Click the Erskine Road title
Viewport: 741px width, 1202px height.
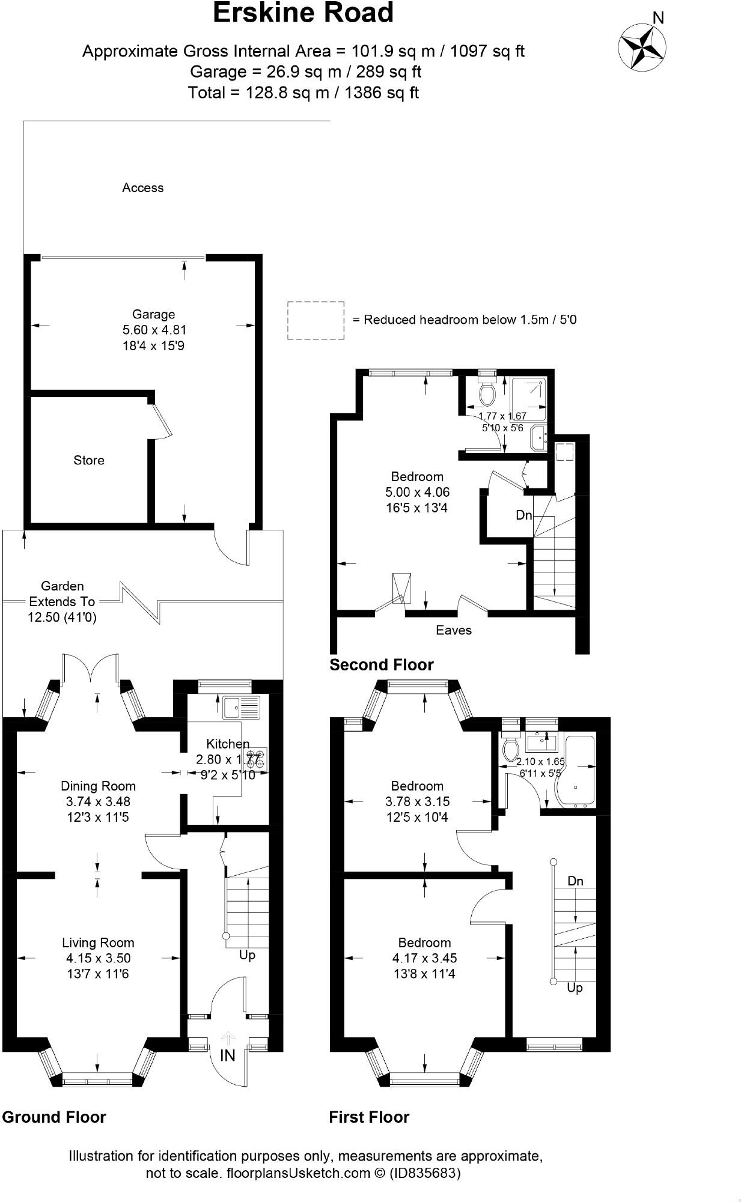(x=303, y=13)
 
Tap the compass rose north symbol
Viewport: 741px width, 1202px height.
(x=642, y=45)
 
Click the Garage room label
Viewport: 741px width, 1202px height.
(x=153, y=314)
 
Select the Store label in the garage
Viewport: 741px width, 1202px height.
(x=89, y=460)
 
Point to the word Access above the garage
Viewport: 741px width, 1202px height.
(x=142, y=188)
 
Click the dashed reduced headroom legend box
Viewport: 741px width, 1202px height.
(x=316, y=321)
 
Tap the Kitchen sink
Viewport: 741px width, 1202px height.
(x=241, y=707)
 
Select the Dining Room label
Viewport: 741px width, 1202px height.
(x=98, y=786)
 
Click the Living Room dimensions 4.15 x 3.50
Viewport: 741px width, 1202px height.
(x=98, y=958)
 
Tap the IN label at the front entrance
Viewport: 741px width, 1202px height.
(x=228, y=1055)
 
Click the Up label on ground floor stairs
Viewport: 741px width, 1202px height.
(x=247, y=955)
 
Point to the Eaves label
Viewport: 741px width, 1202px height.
(x=454, y=630)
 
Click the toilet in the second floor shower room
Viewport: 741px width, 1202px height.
(x=487, y=393)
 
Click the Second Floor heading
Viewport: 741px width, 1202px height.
(x=381, y=665)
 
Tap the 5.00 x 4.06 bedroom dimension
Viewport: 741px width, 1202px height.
(x=417, y=492)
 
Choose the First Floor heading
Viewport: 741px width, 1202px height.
(x=368, y=1117)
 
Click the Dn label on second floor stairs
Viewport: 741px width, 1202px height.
(x=524, y=515)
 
